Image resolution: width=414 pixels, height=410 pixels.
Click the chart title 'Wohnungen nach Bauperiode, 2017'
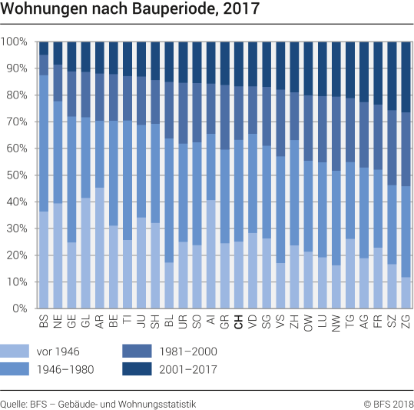click(131, 10)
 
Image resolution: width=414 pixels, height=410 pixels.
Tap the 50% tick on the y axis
click(18, 175)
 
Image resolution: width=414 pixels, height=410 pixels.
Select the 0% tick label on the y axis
click(21, 309)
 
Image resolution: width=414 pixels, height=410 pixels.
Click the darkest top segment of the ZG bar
click(405, 77)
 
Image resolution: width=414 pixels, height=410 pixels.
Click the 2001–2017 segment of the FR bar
click(377, 73)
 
